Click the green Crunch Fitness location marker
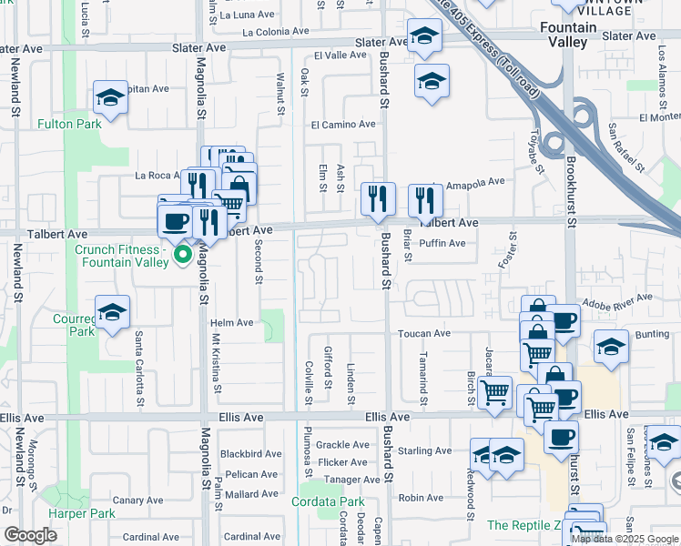(x=182, y=255)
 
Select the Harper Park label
(x=83, y=514)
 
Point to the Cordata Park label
(x=328, y=501)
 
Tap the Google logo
(x=30, y=535)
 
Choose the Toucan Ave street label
(x=423, y=334)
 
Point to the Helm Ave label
(x=231, y=323)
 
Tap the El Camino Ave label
(x=343, y=124)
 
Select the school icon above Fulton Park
(x=110, y=97)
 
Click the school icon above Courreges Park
(x=112, y=312)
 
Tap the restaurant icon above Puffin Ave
(x=425, y=199)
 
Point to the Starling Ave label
(x=424, y=450)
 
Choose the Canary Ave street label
(x=137, y=500)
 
